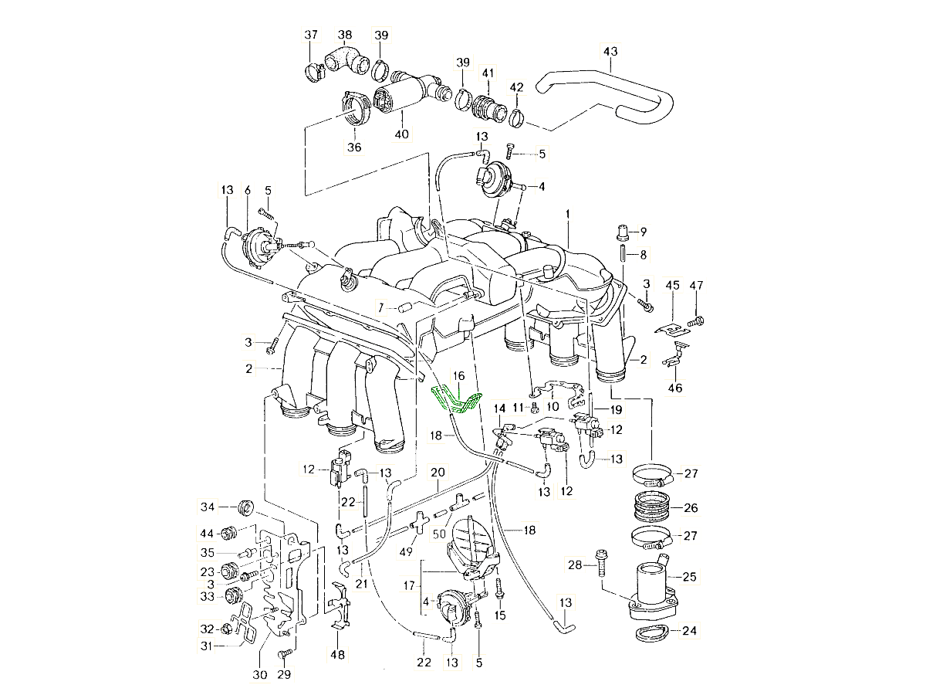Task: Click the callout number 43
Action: click(x=610, y=52)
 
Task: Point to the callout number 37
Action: click(x=311, y=35)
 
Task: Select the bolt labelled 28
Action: click(x=600, y=566)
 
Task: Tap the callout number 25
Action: click(x=689, y=576)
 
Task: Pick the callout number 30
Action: click(x=260, y=674)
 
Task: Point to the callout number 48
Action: click(x=338, y=655)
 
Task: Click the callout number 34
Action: click(x=208, y=507)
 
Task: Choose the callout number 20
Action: click(x=438, y=473)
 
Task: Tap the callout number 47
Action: click(x=697, y=286)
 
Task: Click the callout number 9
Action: click(x=644, y=231)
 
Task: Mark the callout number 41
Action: click(x=488, y=73)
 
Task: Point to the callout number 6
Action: click(x=248, y=190)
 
